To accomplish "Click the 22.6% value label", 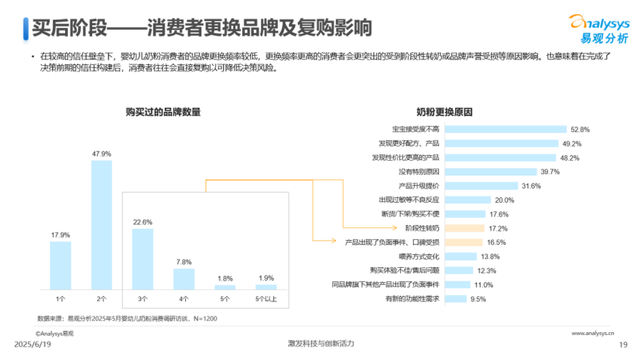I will point(143,222).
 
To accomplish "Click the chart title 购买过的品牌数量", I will point(163,112).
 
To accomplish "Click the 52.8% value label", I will point(580,129).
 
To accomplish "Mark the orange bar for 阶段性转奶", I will point(465,228).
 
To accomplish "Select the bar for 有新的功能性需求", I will point(454,299).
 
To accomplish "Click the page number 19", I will point(622,344).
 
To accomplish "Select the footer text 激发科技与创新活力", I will point(319,344).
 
